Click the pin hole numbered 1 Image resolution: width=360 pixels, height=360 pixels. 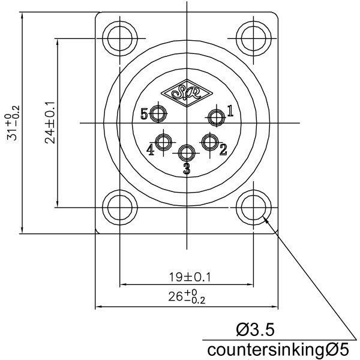[215, 118]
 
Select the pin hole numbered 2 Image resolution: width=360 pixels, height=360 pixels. [209, 142]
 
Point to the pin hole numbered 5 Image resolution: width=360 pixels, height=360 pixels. [159, 113]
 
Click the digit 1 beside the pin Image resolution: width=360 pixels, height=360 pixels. [230, 110]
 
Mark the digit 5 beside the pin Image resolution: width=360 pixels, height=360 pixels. [144, 113]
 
